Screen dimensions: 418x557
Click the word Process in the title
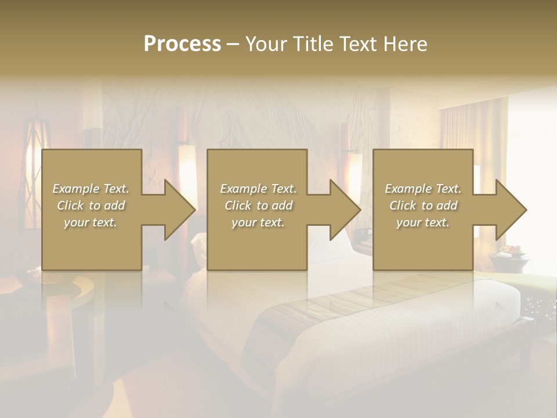[x=182, y=44]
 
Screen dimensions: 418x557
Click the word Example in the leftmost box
[x=75, y=189]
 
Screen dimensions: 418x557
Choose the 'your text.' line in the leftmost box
[x=91, y=222]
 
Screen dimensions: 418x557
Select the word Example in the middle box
[x=243, y=189]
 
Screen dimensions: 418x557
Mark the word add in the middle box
[x=281, y=206]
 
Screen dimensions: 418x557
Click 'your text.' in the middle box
[x=258, y=222]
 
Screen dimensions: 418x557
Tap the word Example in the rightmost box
[x=408, y=189]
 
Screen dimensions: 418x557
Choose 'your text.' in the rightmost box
[x=422, y=222]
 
